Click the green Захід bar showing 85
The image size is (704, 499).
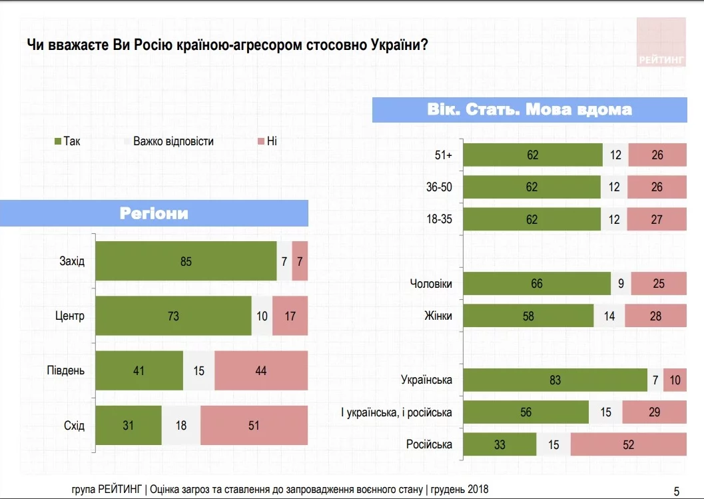186,262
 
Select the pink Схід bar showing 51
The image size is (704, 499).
254,425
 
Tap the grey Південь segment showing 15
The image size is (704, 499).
198,370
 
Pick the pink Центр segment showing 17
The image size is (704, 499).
290,316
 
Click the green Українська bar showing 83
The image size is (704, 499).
555,380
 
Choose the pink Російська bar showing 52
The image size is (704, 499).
628,444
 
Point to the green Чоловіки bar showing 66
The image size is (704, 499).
537,284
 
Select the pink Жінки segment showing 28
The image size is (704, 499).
655,316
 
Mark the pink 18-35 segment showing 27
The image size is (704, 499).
656,220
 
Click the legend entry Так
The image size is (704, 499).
67,141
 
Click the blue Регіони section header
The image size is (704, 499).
154,213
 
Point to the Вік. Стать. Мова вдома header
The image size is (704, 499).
529,109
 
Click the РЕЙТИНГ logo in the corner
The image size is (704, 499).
661,42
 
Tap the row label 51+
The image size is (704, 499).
443,155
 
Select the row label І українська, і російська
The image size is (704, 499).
396,412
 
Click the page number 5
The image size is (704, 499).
677,492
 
